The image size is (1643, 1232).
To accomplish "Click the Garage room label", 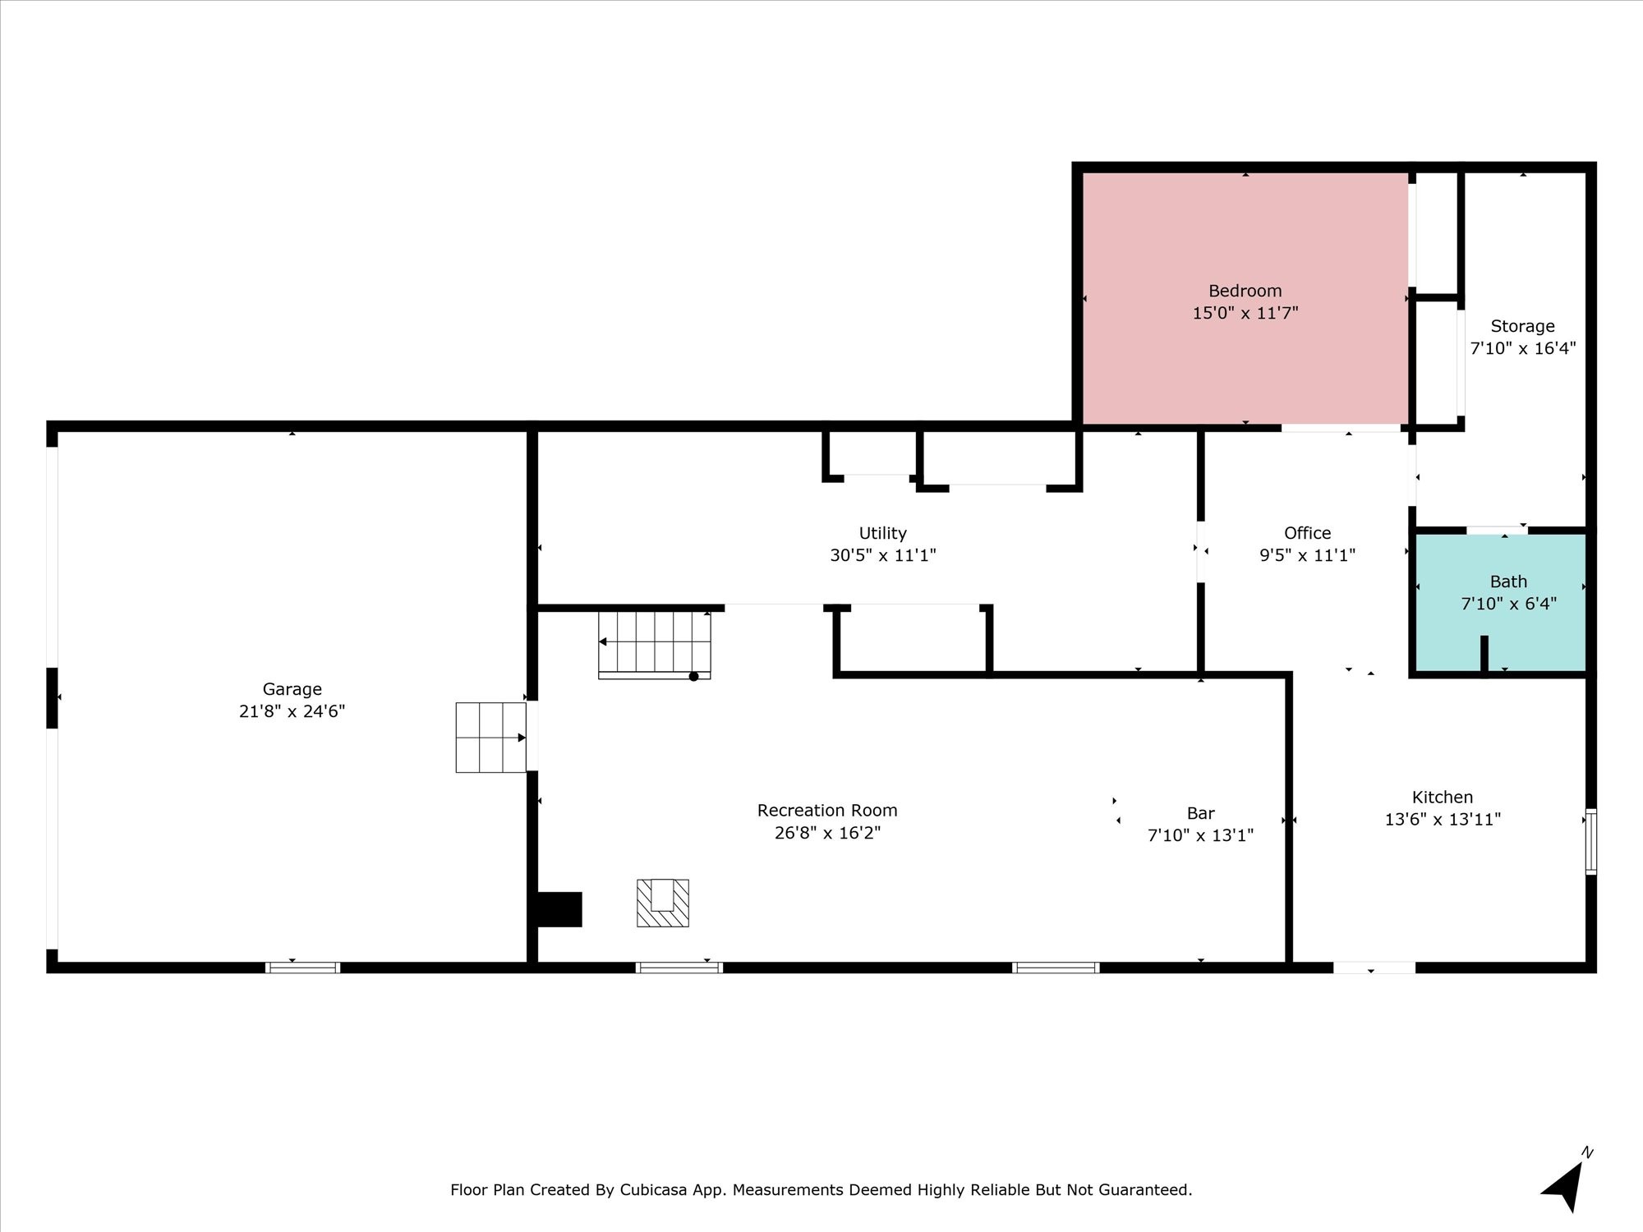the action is tap(292, 689).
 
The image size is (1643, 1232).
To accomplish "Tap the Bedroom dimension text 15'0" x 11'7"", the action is tap(1245, 313).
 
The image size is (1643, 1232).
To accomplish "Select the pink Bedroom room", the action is tap(1245, 298).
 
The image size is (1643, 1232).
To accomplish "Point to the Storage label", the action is tap(1522, 326).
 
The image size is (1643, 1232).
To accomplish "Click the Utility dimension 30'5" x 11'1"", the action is tap(883, 555).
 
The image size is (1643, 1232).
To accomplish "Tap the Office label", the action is tap(1307, 533).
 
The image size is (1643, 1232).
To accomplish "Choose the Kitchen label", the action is tap(1443, 797).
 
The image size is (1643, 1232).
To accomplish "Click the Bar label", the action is tap(1200, 813).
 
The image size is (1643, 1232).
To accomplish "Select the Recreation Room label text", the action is tap(827, 811).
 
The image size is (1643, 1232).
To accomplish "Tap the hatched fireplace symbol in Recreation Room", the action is tap(663, 903).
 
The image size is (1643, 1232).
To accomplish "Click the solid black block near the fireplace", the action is tap(559, 909).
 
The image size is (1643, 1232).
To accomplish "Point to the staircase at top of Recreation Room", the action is tap(655, 645).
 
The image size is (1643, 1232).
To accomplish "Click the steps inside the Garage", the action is tap(491, 738).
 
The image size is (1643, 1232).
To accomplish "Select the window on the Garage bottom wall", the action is tap(302, 968).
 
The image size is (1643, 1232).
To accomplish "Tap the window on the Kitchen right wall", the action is tap(1591, 841).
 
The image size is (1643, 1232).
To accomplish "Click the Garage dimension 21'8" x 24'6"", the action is tap(292, 711).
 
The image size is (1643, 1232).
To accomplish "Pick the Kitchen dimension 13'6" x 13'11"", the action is tap(1443, 819).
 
